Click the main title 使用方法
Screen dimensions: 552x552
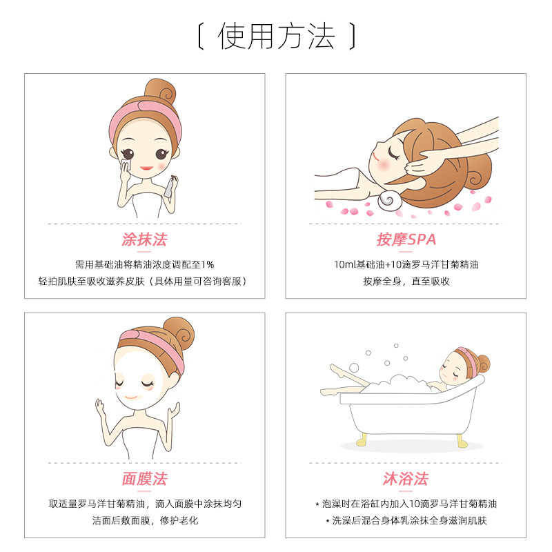(x=276, y=36)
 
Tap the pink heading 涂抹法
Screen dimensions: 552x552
(x=144, y=239)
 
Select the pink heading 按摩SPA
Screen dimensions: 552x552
(x=406, y=239)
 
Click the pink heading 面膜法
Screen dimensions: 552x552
(x=144, y=478)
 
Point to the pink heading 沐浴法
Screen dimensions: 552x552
(x=406, y=478)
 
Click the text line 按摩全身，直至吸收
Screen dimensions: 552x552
(x=406, y=282)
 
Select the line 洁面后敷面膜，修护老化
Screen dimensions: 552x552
(x=145, y=520)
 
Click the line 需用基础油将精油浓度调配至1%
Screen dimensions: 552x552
(x=144, y=264)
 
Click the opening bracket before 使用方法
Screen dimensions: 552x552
(x=200, y=36)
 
